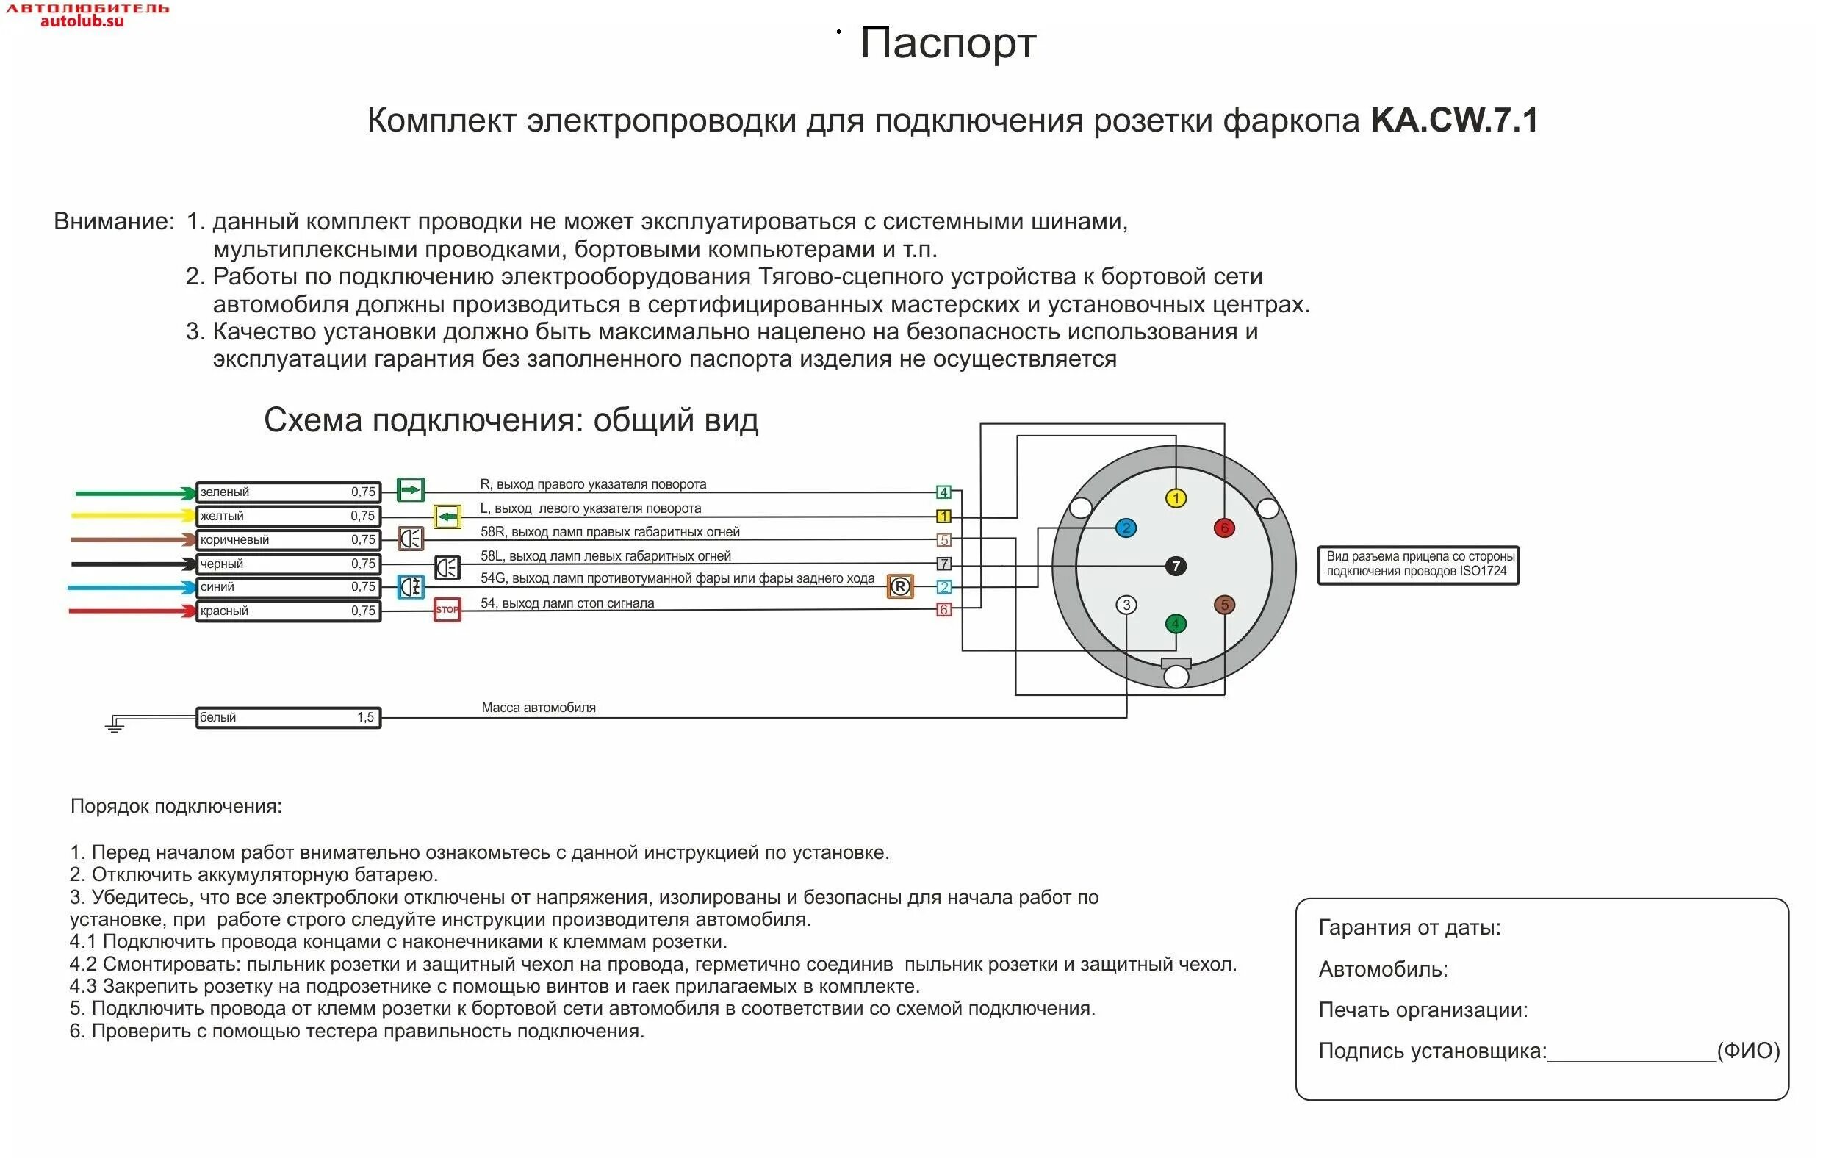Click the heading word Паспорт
point(947,43)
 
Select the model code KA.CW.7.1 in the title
point(1454,121)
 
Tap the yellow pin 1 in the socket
point(1176,498)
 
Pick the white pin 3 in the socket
point(1126,605)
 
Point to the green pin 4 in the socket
point(1175,624)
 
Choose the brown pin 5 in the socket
point(1224,605)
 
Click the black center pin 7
point(1176,566)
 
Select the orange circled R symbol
point(899,586)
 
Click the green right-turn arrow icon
point(411,489)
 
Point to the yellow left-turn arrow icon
point(447,517)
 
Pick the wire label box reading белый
point(288,718)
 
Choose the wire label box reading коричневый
point(288,540)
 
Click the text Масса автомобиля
point(539,708)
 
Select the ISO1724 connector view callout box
point(1417,565)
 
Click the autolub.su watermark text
point(82,21)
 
